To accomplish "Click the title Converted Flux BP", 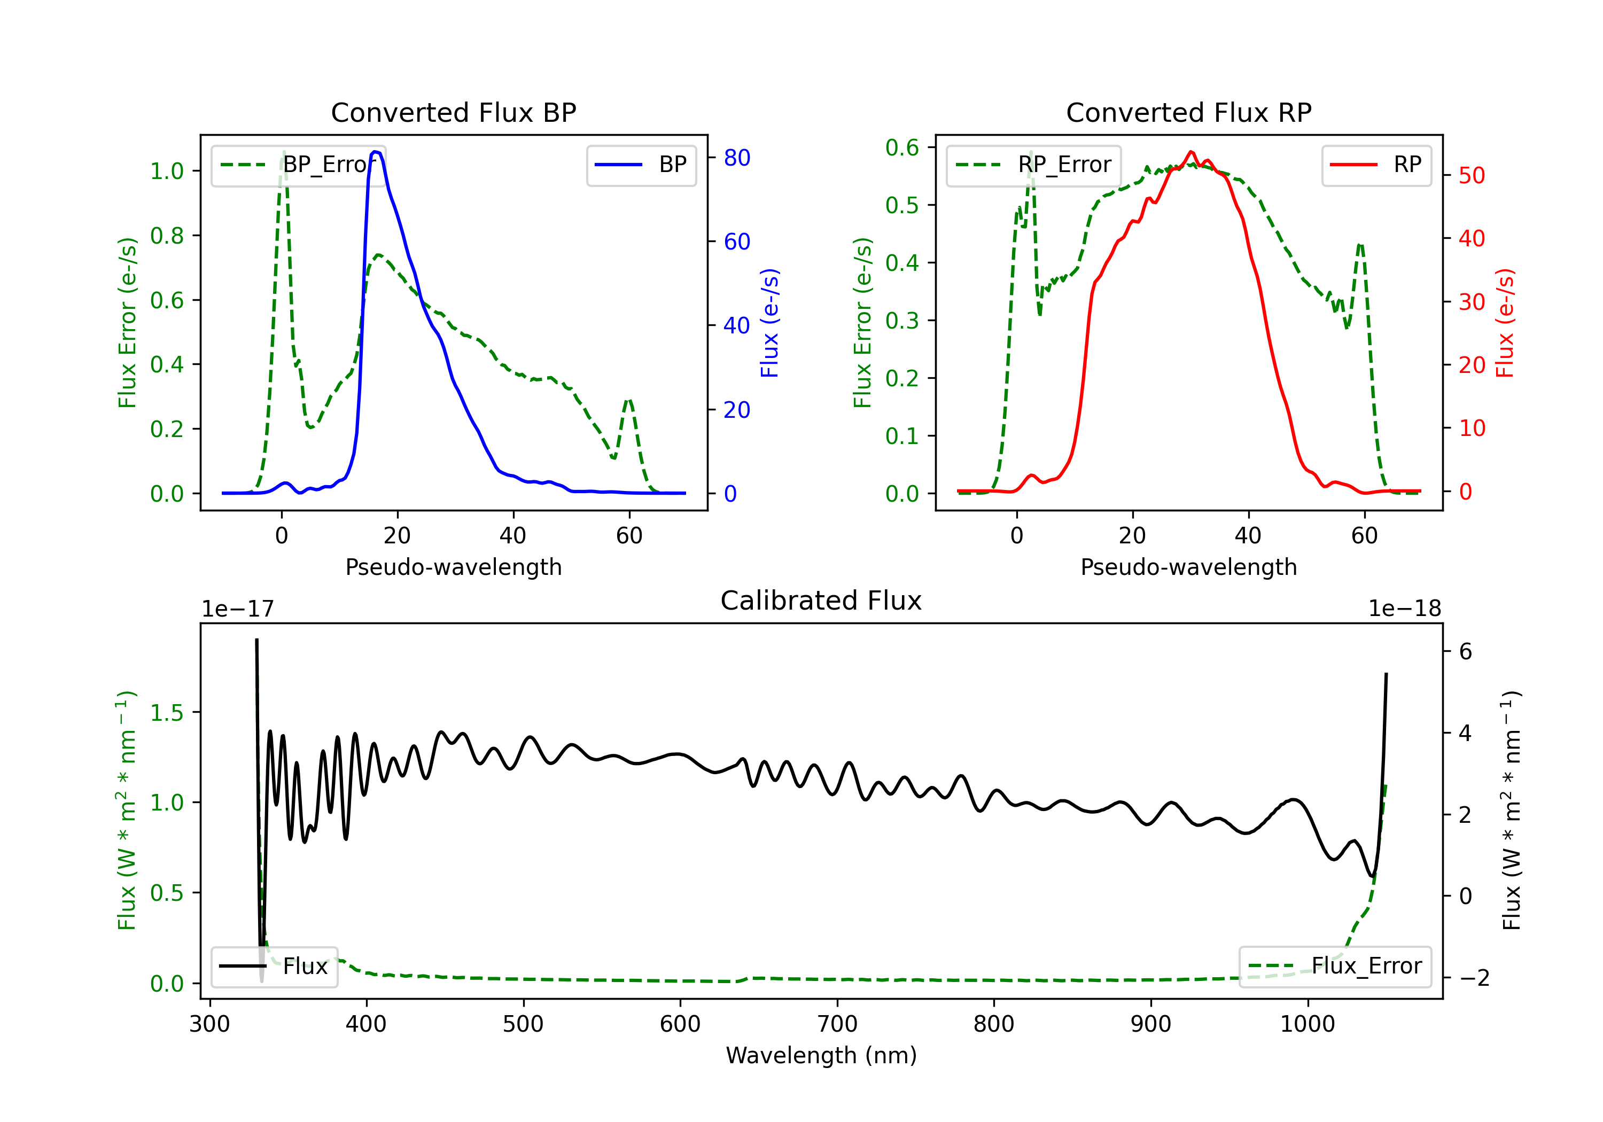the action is (x=453, y=112).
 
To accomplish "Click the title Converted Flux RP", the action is (x=1188, y=112).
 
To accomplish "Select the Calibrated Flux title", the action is (x=821, y=601).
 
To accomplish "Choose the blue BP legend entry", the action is (x=641, y=165).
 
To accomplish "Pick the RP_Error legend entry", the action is (x=1033, y=165).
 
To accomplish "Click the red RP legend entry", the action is (x=1376, y=165).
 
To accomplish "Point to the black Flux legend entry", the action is (x=274, y=967).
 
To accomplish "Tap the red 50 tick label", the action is (x=1472, y=175).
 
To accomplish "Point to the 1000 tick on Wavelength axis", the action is (x=1307, y=1024).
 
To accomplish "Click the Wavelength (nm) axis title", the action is (x=821, y=1055).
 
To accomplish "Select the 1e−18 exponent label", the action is (x=1405, y=609).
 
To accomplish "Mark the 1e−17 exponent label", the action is (x=237, y=609).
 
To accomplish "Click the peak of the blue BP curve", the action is (x=376, y=152).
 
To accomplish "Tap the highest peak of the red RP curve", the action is (x=1191, y=152).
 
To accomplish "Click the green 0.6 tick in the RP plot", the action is (x=902, y=147).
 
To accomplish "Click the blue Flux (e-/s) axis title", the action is (x=769, y=323).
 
